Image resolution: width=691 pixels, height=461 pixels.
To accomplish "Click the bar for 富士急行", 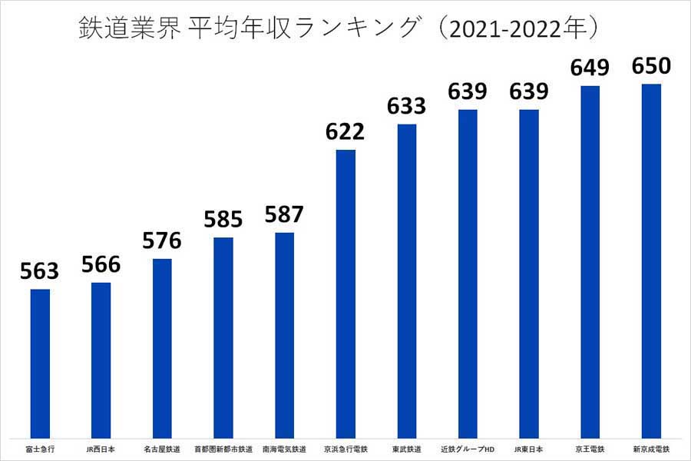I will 40,363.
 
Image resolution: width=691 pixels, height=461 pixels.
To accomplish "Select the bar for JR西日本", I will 101,360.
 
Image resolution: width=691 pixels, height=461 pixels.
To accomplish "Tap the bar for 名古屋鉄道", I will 162,348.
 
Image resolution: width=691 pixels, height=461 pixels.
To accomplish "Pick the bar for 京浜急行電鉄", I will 345,294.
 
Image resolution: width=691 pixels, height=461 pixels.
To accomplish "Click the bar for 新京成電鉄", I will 651,260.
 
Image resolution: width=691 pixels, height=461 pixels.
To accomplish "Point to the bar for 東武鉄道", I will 407,280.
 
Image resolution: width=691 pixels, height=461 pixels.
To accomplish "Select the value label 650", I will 651,66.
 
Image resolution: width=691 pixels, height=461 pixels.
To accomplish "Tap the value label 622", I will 345,131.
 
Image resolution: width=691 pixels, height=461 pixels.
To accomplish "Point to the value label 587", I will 284,214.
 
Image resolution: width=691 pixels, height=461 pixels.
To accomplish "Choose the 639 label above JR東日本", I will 529,92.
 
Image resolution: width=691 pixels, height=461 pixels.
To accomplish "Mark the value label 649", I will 590,68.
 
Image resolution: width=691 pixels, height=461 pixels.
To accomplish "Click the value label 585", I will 223,220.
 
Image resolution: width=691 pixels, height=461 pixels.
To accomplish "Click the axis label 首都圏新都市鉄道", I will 223,449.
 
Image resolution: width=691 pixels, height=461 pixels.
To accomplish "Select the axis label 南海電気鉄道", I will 284,449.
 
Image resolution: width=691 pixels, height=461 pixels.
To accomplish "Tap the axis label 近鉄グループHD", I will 468,449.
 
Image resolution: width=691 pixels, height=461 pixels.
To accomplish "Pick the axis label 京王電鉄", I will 590,449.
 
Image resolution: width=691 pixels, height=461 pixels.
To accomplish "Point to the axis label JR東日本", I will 529,449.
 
